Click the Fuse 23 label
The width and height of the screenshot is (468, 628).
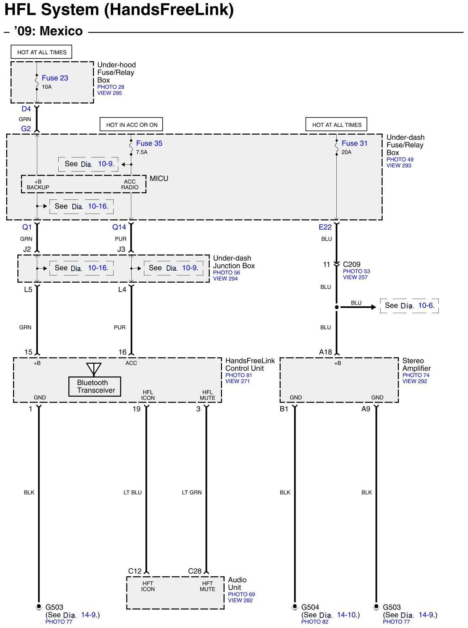click(55, 78)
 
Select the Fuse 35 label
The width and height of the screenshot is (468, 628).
click(149, 143)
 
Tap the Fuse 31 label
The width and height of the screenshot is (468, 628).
click(354, 143)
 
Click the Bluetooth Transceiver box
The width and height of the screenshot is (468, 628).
click(95, 387)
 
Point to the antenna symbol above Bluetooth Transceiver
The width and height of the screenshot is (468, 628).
click(94, 369)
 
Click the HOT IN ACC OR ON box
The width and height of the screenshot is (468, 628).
click(132, 125)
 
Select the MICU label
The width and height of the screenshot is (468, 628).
click(159, 178)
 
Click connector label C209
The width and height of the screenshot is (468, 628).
click(352, 264)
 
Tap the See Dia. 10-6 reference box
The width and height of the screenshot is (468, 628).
click(409, 305)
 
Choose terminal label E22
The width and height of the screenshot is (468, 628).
click(325, 227)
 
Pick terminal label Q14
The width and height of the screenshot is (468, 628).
click(119, 227)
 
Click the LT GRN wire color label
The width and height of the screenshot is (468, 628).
click(192, 492)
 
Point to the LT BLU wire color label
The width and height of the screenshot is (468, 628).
click(133, 492)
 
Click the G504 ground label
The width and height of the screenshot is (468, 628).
click(310, 607)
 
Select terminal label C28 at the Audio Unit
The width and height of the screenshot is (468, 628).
click(195, 571)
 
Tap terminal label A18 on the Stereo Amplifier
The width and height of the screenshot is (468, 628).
click(326, 352)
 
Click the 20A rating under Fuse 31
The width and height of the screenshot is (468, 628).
click(346, 152)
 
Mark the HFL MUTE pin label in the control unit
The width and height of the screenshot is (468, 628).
click(208, 395)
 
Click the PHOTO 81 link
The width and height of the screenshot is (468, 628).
click(239, 375)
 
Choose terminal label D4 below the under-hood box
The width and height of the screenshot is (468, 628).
click(26, 109)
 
